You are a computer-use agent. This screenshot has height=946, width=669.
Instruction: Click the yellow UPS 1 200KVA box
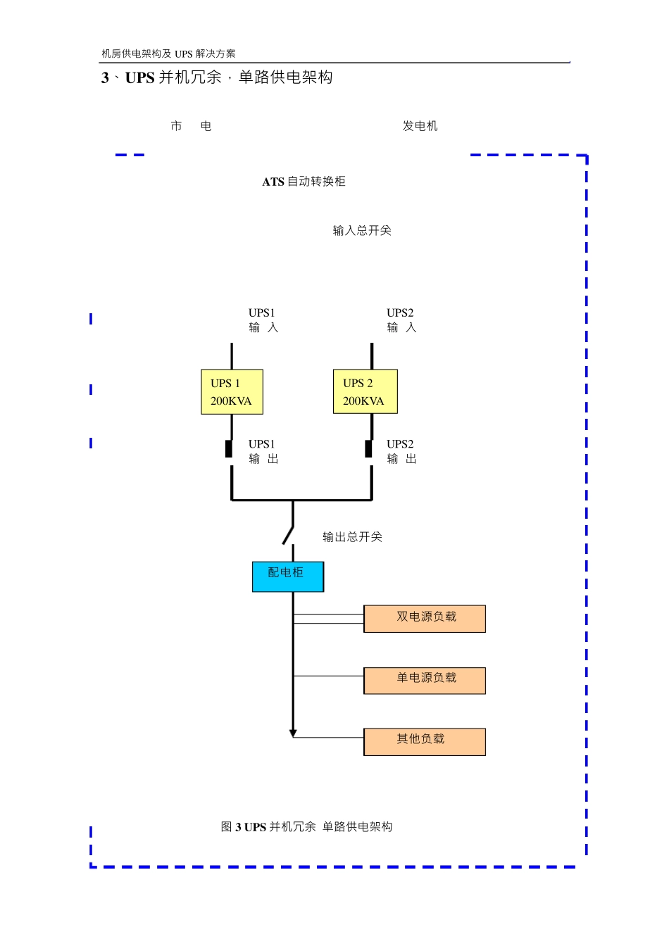click(x=232, y=392)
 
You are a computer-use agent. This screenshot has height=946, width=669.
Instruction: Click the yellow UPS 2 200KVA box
click(x=365, y=391)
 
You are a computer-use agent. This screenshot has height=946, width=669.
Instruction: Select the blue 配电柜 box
click(x=287, y=576)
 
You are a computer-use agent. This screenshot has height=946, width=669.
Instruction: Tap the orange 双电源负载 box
click(x=424, y=618)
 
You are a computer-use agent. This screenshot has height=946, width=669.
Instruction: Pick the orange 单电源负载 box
click(x=424, y=680)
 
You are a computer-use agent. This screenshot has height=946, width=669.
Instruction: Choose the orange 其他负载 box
click(x=424, y=741)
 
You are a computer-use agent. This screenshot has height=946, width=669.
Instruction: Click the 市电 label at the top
click(x=191, y=126)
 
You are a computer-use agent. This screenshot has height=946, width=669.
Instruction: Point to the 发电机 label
click(x=420, y=126)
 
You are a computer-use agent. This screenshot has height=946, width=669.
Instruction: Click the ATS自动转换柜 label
click(x=304, y=182)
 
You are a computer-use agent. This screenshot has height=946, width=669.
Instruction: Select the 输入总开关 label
click(x=361, y=231)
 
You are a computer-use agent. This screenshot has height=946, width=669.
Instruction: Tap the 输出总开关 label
click(x=352, y=537)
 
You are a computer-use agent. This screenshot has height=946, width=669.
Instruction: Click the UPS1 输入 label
click(x=263, y=320)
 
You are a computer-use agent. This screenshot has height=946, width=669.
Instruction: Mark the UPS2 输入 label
click(x=401, y=320)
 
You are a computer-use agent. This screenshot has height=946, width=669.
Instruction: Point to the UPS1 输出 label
click(x=263, y=451)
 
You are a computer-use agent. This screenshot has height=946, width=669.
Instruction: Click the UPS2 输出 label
click(x=401, y=451)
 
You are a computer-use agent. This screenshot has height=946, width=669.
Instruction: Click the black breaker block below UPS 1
click(x=229, y=448)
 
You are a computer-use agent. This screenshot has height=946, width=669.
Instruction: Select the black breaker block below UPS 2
click(x=368, y=448)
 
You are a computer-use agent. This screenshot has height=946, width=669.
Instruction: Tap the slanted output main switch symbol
click(x=288, y=534)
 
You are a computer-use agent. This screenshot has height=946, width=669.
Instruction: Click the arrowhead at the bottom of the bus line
click(x=293, y=733)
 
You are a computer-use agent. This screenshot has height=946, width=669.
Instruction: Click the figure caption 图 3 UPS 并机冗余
click(x=306, y=827)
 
